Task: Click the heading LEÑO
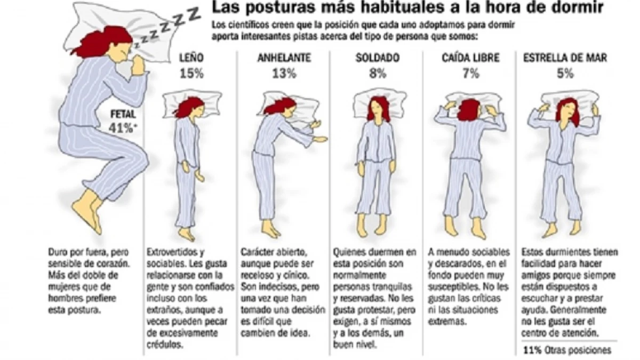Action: click(191, 58)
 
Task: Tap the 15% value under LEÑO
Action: click(191, 74)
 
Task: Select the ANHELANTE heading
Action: click(284, 58)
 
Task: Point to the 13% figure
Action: click(284, 74)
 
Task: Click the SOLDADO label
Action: click(377, 58)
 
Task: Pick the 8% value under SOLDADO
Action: click(377, 74)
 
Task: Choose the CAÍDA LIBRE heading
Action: click(470, 58)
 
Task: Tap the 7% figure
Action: click(470, 74)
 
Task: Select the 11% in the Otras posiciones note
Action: click(531, 350)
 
